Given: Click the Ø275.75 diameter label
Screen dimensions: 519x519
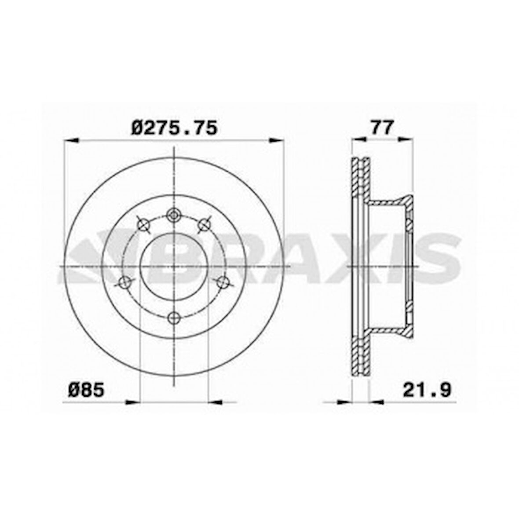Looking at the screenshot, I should [x=175, y=128].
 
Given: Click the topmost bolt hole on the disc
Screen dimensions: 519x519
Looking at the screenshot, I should [x=175, y=215].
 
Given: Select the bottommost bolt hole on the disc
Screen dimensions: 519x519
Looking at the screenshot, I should [x=175, y=317].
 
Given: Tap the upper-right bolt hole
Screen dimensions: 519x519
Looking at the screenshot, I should [x=204, y=225].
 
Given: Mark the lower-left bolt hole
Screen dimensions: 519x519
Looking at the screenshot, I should [x=125, y=282].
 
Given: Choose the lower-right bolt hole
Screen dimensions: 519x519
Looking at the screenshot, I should [x=224, y=282].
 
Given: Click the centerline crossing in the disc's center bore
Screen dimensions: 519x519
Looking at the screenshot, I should [x=175, y=267].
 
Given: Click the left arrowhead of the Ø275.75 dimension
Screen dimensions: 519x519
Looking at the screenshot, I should [x=71, y=140].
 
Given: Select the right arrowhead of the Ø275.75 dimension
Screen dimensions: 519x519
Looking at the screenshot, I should [x=277, y=140].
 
